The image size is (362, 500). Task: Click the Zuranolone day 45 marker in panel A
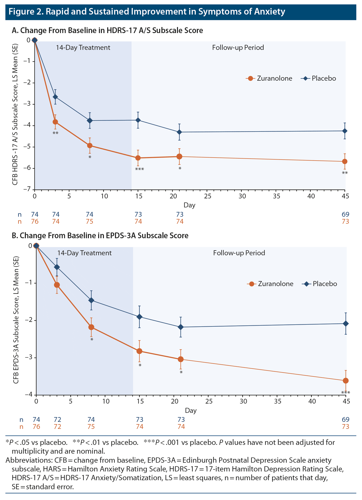click(x=345, y=161)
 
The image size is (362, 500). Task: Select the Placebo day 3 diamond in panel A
click(x=55, y=97)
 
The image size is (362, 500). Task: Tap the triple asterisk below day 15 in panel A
click(x=139, y=170)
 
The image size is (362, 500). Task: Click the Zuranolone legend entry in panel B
click(x=271, y=284)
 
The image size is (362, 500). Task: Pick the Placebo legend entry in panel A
click(x=319, y=78)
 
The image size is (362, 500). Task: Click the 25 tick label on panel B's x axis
click(x=209, y=401)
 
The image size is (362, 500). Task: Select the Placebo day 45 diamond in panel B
click(x=346, y=324)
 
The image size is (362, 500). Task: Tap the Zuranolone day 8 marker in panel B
click(x=91, y=327)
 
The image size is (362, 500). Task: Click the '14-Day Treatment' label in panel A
click(x=83, y=48)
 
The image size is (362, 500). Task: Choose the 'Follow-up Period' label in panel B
click(x=239, y=253)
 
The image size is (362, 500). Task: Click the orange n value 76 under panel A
click(x=35, y=221)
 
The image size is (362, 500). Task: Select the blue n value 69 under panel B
click(x=345, y=420)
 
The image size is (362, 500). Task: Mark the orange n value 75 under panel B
click(x=91, y=427)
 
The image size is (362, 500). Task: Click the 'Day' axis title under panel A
click(x=189, y=205)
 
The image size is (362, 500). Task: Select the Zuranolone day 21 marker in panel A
click(x=179, y=157)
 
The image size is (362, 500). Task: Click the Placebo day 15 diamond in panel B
click(x=139, y=317)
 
